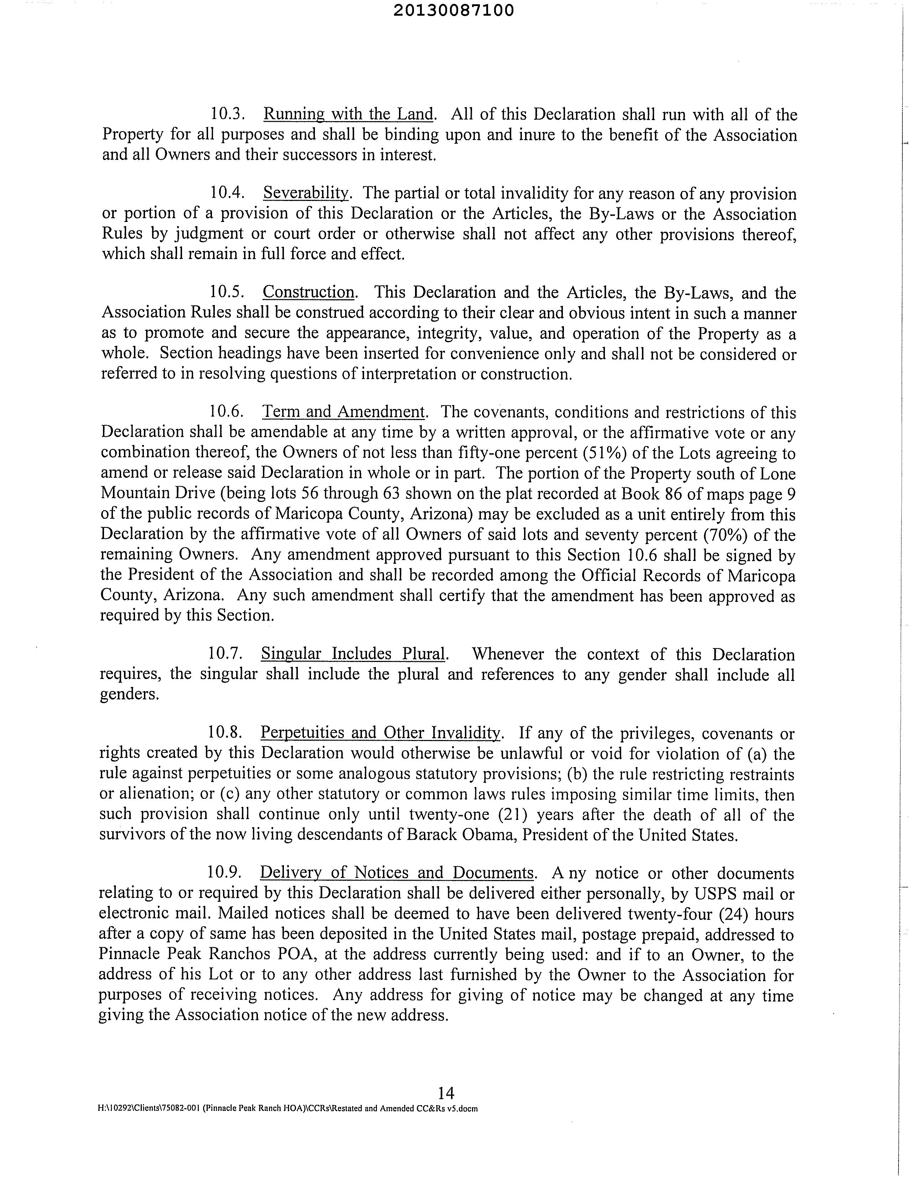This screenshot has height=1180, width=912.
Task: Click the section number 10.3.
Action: (x=228, y=114)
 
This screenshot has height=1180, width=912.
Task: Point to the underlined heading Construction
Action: (x=309, y=292)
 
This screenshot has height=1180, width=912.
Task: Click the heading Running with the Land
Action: (x=348, y=114)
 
